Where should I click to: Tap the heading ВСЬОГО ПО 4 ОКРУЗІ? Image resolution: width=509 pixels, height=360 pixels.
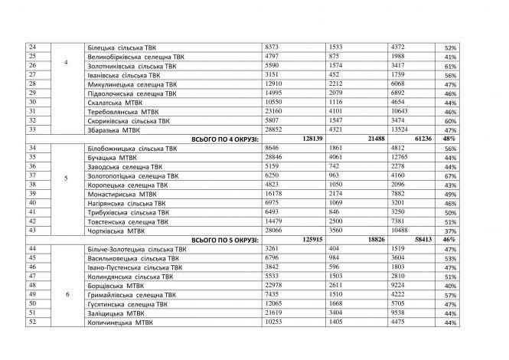[x=221, y=139]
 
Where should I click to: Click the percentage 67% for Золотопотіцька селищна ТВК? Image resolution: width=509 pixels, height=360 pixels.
[x=450, y=175]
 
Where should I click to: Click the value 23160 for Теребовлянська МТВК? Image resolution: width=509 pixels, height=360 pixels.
[x=275, y=111]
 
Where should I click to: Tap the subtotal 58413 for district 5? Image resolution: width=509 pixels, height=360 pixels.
[x=420, y=239]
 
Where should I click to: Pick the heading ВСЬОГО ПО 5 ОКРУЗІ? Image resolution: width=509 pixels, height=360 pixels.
[x=221, y=239]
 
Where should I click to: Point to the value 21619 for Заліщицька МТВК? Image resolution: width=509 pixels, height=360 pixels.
[x=275, y=313]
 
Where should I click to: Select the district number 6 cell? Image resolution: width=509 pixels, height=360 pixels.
[x=65, y=294]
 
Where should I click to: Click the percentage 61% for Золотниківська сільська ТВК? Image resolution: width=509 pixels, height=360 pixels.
[x=450, y=66]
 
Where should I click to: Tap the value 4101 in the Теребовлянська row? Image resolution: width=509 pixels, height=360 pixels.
[x=336, y=111]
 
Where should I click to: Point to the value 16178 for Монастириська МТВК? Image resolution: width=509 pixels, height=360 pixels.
[x=275, y=194]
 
